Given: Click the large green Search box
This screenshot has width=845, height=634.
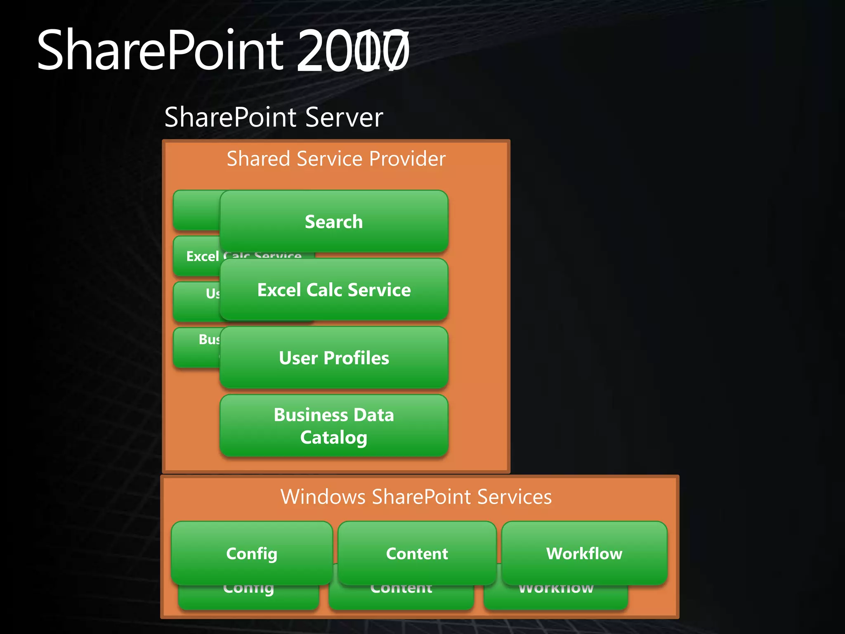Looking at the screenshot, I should [x=334, y=221].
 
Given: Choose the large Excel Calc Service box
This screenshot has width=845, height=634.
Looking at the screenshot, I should [x=334, y=289].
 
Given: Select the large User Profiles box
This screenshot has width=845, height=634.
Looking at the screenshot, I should [x=334, y=357].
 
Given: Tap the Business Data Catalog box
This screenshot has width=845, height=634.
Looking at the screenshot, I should [x=334, y=426].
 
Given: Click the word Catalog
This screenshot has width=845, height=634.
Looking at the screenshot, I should [x=333, y=438].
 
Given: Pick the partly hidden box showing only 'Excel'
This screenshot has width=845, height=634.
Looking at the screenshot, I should [x=197, y=256].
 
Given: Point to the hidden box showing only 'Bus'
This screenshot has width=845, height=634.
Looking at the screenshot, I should [x=196, y=347].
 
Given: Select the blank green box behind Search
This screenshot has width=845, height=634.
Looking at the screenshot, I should [x=196, y=210].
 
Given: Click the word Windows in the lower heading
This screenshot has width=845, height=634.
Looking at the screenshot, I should [x=323, y=497].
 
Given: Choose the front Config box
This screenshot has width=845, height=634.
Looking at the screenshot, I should [x=252, y=553].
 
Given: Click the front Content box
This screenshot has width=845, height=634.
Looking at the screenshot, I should [x=417, y=553].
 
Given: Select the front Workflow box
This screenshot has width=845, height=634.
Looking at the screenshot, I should [x=584, y=553].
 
